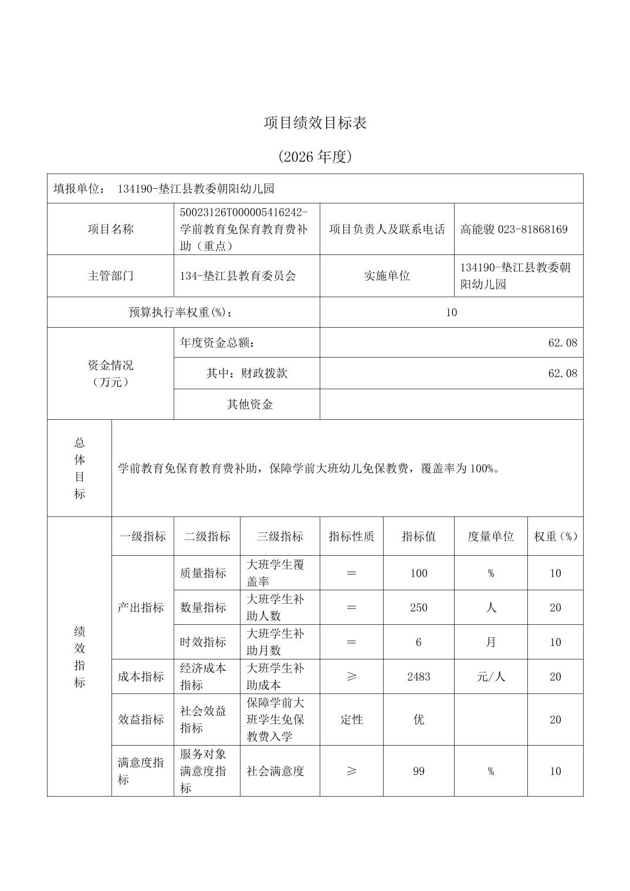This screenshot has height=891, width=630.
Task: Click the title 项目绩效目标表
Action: point(315,123)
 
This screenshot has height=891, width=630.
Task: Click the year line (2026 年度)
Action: point(315,157)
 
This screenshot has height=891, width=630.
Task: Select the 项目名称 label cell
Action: point(110,229)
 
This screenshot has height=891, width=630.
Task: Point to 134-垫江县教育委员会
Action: point(238,276)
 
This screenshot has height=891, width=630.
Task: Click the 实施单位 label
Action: point(387,276)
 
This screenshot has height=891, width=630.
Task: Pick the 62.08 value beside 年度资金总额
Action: point(562,342)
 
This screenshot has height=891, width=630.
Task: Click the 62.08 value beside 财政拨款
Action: point(562,373)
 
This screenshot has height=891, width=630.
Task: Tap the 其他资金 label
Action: point(250,404)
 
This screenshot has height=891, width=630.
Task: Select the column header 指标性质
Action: point(351,536)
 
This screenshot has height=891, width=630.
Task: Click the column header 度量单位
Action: point(490,536)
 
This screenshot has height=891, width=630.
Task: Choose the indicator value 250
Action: point(418,608)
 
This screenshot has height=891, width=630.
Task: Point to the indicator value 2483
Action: point(418,676)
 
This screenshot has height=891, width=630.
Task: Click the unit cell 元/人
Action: point(490,676)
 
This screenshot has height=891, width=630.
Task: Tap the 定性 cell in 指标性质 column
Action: point(351,720)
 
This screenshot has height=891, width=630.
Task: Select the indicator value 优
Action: point(418,720)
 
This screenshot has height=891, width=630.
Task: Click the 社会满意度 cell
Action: point(276,771)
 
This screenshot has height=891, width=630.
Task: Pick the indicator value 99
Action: point(418,771)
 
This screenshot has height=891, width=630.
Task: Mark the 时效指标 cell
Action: point(203,642)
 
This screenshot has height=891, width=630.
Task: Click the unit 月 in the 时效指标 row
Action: point(490,642)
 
